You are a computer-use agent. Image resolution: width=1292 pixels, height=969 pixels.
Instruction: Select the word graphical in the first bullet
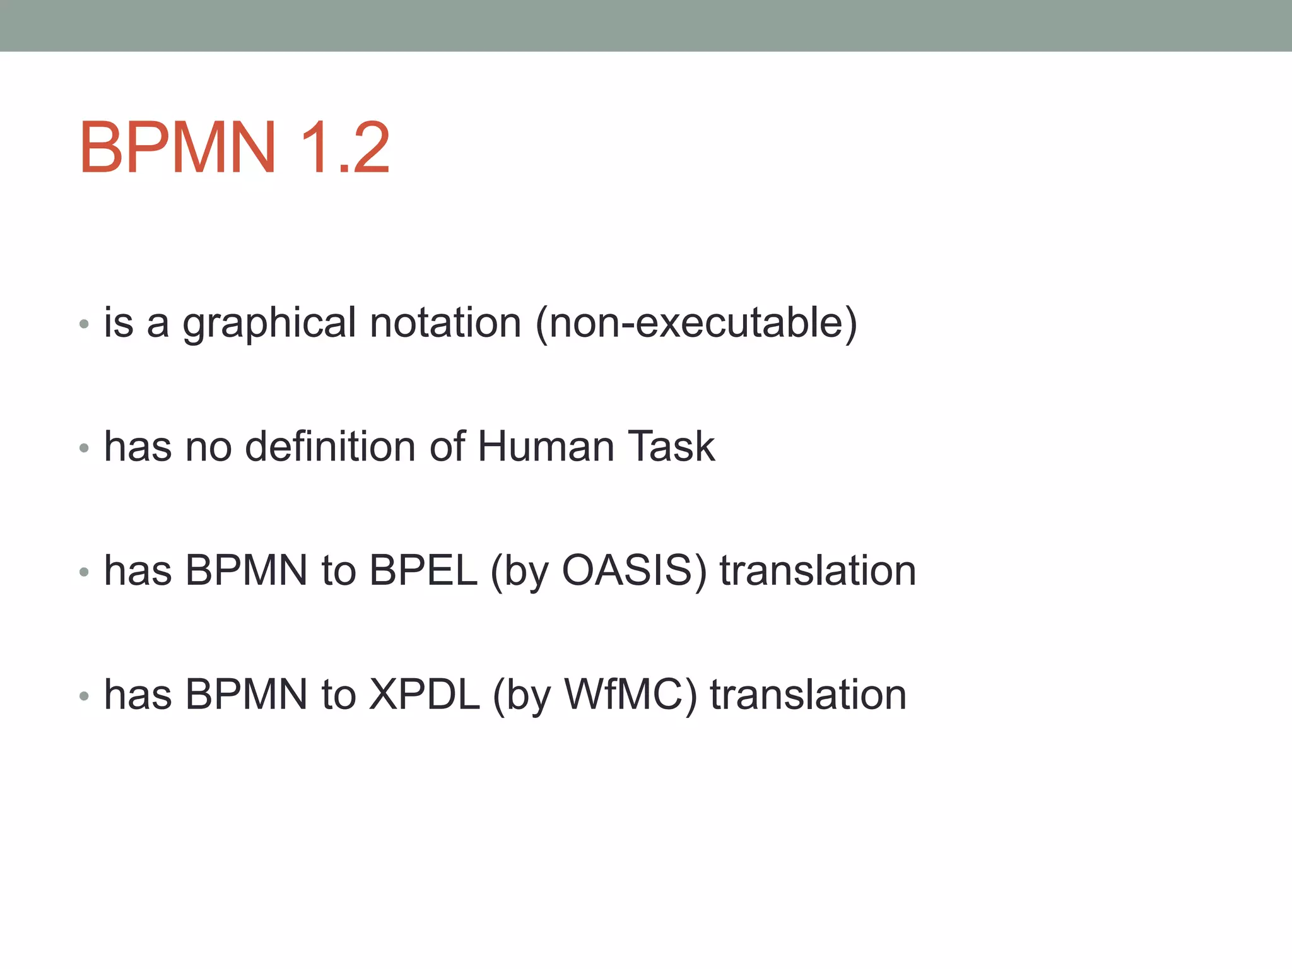pyautogui.click(x=269, y=324)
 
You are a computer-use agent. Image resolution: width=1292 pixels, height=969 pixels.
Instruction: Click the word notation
pyautogui.click(x=445, y=322)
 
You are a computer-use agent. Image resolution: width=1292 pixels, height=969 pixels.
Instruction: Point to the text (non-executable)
pyautogui.click(x=696, y=322)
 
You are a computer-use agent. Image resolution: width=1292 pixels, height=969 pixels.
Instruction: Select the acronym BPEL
pyautogui.click(x=423, y=570)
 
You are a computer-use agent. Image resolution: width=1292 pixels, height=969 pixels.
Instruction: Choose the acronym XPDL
pyautogui.click(x=425, y=695)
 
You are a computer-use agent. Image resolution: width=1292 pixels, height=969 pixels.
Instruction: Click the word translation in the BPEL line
pyautogui.click(x=818, y=570)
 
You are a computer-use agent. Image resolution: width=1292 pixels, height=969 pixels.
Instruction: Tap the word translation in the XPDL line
pyautogui.click(x=808, y=695)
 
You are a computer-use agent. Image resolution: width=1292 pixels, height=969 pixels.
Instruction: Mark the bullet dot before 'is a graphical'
pyautogui.click(x=84, y=325)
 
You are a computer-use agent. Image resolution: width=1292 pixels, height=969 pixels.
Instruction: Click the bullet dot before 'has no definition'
pyautogui.click(x=84, y=449)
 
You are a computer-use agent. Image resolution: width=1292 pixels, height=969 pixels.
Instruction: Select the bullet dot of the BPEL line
pyautogui.click(x=84, y=572)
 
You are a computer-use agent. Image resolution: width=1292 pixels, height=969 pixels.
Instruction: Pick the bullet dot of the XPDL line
pyautogui.click(x=84, y=696)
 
